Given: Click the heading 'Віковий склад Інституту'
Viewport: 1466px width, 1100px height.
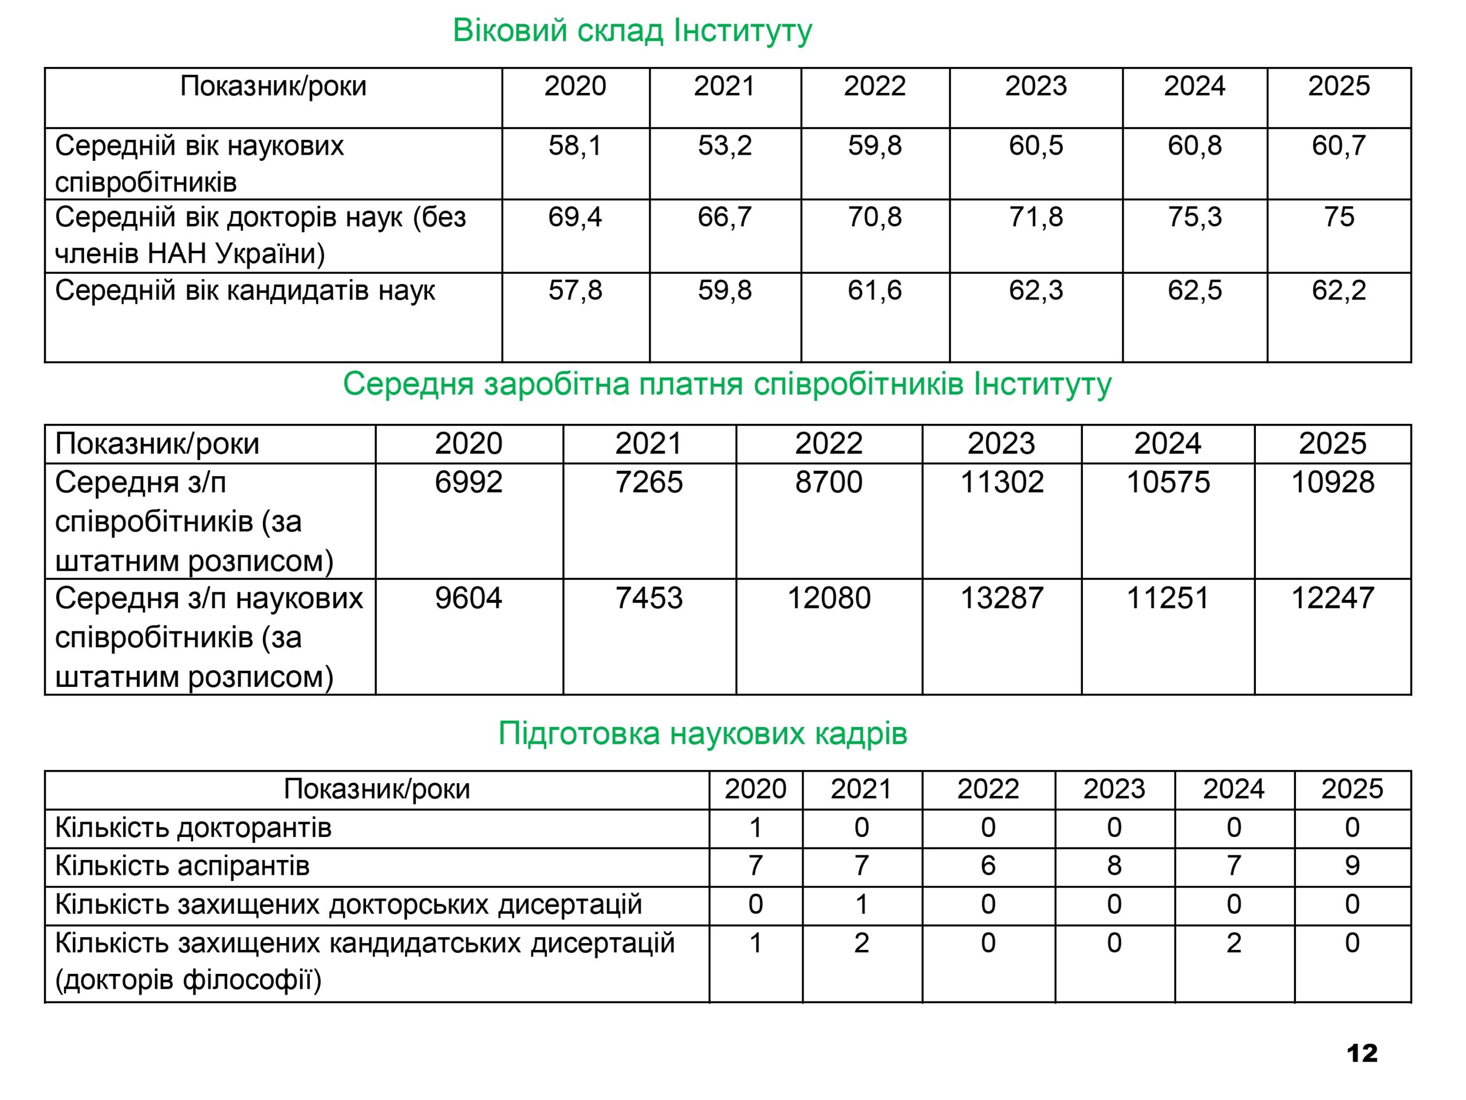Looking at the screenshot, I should point(632,31).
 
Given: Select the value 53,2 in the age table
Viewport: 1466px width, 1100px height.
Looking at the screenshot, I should point(724,145).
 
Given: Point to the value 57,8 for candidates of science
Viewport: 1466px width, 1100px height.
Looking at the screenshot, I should point(574,290).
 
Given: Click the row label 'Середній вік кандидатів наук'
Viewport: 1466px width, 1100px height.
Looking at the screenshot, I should point(245,290).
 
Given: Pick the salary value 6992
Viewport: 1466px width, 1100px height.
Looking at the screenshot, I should point(468,482).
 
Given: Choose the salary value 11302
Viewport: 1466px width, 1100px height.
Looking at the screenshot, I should point(1002,482).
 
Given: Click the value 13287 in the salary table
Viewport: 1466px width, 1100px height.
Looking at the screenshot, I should point(1002,598).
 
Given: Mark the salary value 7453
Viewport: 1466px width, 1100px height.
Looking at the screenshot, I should point(648,598).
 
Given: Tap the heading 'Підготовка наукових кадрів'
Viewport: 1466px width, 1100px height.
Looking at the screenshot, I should point(703,734).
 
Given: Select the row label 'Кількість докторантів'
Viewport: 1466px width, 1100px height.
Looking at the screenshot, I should point(193,827).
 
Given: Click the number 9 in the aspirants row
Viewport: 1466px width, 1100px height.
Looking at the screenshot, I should point(1352,866).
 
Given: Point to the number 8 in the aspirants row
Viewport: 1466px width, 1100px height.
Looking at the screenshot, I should point(1114,866).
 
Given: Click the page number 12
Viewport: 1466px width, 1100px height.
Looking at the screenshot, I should point(1362,1054).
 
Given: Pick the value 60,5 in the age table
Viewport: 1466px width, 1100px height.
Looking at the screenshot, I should point(1035,145).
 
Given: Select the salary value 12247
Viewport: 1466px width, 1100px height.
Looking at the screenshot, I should point(1332,598).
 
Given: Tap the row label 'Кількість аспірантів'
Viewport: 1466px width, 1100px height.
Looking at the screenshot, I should point(182,866).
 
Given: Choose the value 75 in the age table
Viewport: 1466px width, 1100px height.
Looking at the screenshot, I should point(1339,217).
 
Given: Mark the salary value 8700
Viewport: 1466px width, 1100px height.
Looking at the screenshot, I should point(829,482).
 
